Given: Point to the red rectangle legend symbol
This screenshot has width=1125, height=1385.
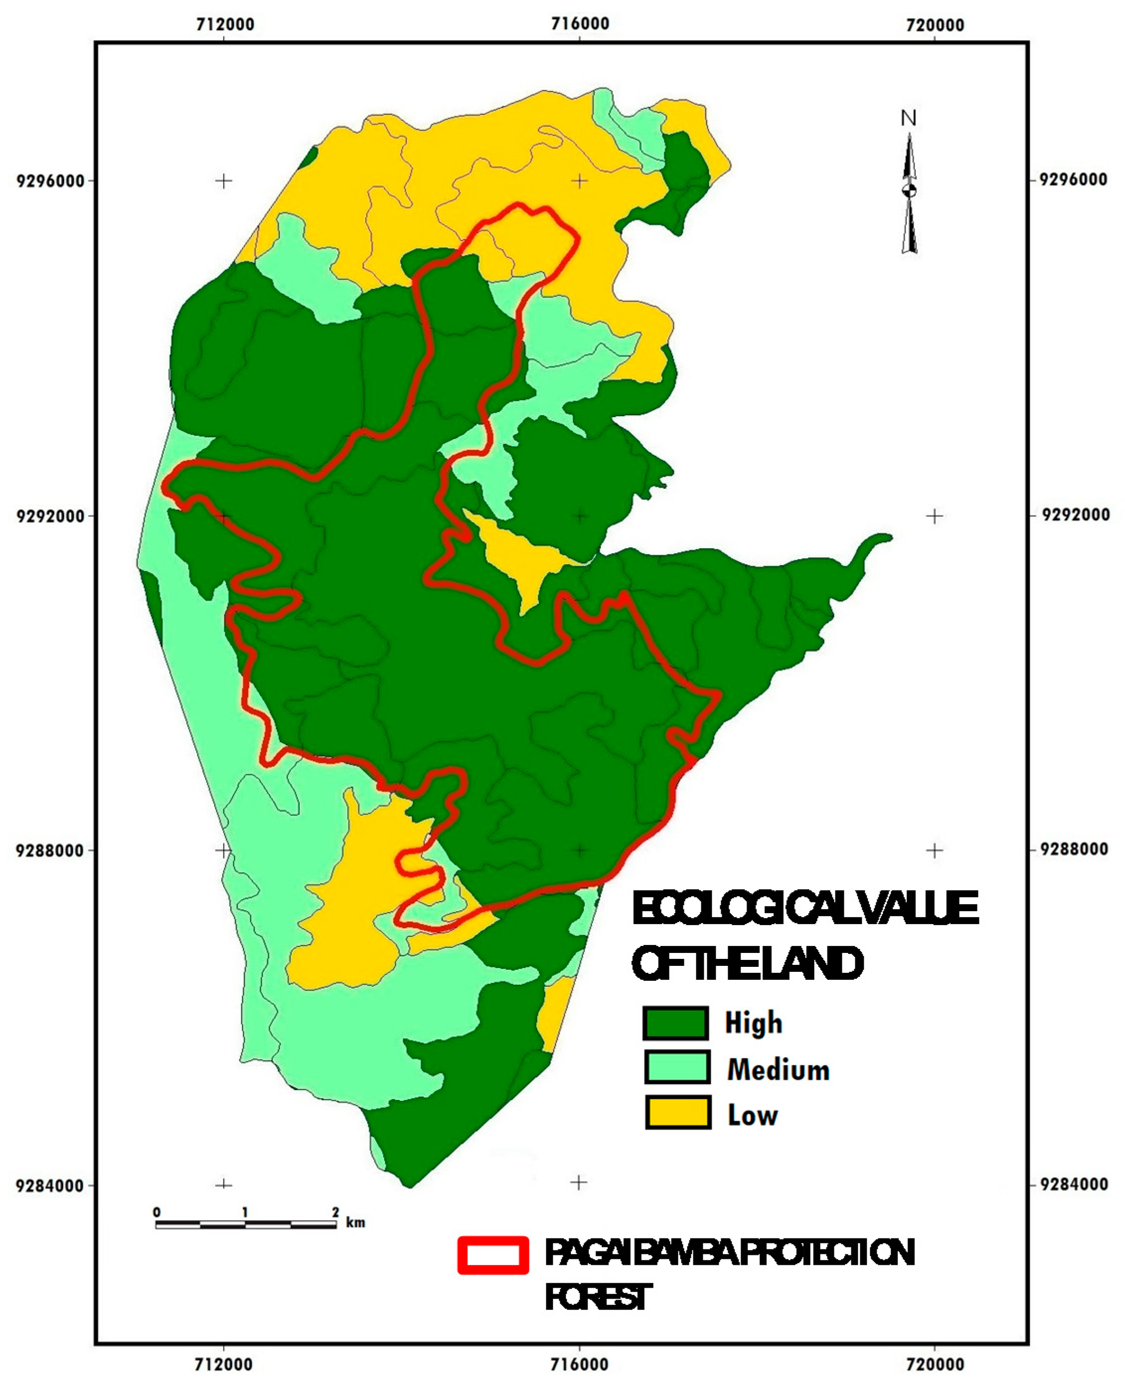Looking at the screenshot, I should tap(493, 1255).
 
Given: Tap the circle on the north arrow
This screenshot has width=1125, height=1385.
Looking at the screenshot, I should tap(909, 190).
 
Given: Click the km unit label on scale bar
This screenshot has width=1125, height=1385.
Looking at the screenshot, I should tap(355, 1223).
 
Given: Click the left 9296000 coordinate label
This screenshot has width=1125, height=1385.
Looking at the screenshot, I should tap(51, 181).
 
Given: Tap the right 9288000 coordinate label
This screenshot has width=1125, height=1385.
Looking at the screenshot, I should tap(1073, 849).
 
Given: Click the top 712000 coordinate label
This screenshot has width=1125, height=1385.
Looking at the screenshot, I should tap(225, 25).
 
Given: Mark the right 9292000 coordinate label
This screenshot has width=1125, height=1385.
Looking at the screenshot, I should tap(1073, 514).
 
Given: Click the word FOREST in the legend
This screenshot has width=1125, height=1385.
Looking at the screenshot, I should tap(596, 1298).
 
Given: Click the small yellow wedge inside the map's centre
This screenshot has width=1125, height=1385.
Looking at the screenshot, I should tap(525, 557).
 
